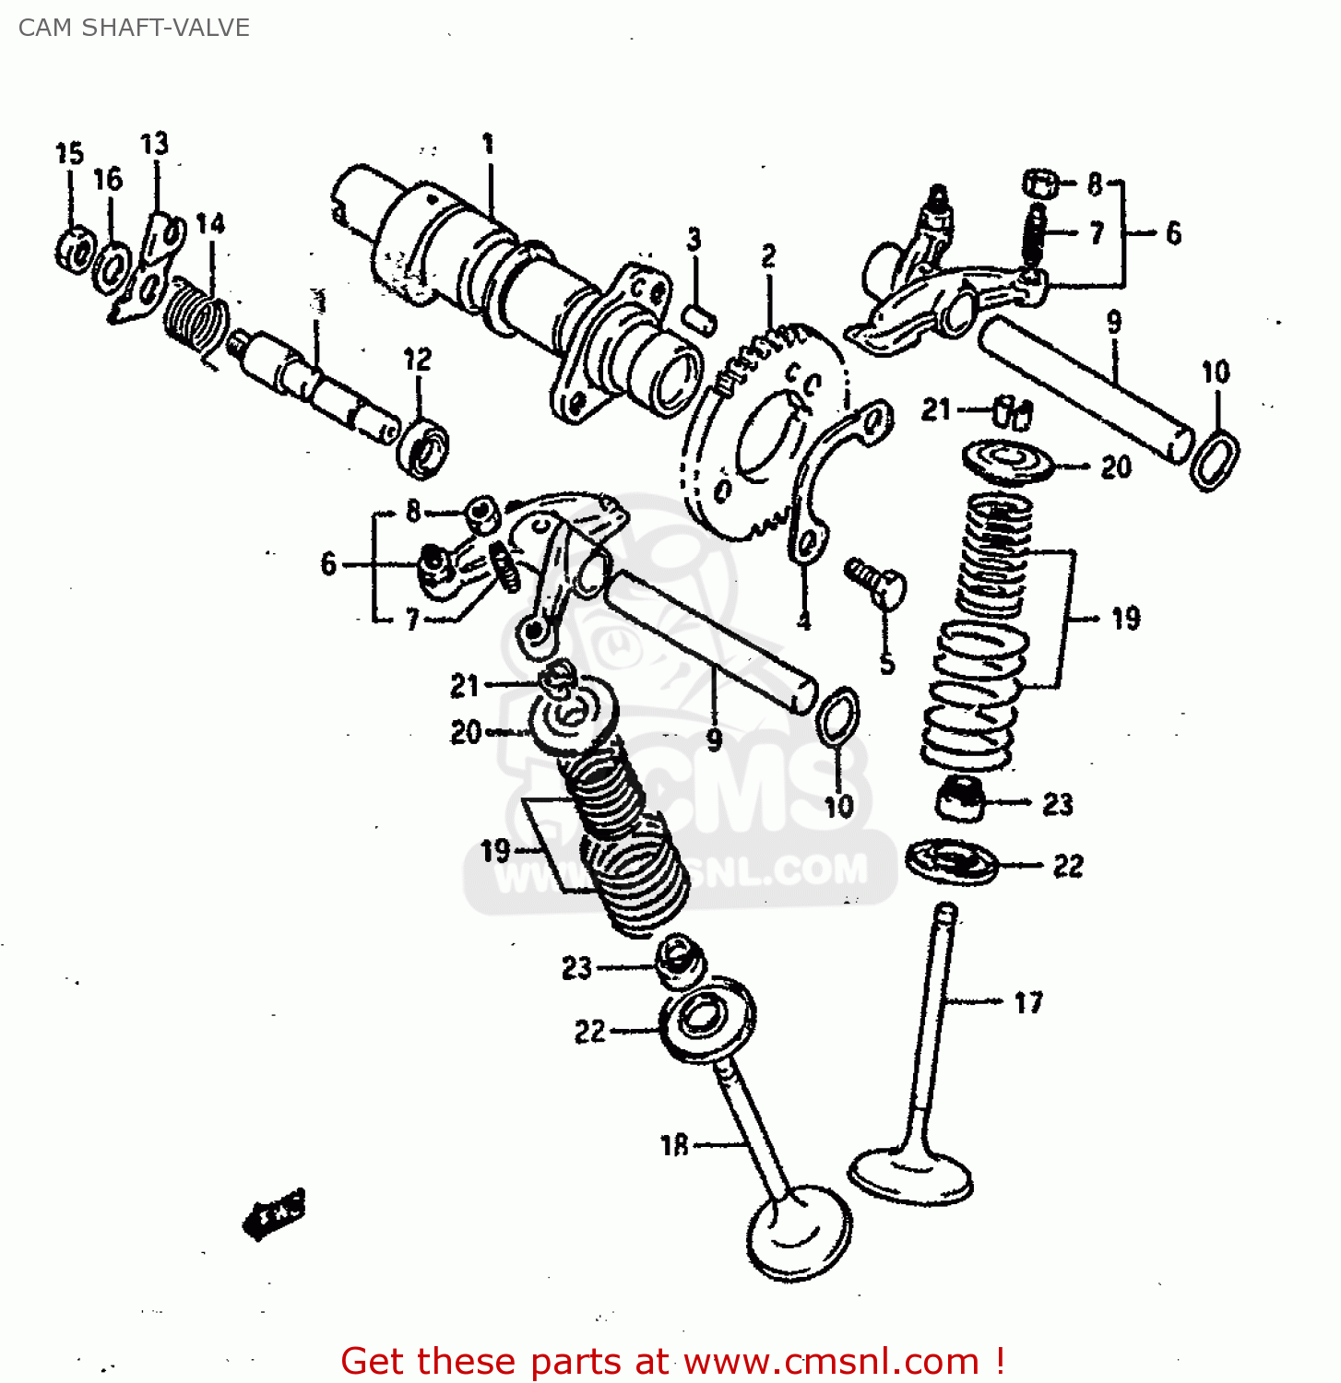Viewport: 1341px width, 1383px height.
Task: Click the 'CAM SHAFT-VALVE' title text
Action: [x=134, y=28]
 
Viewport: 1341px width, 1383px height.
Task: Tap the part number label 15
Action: [x=69, y=153]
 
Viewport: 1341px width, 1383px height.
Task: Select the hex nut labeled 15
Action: [x=73, y=249]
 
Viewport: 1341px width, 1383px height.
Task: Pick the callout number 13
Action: [x=154, y=144]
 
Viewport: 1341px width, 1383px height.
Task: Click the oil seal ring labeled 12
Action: [x=423, y=448]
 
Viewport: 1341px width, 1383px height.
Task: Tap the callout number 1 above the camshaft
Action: [x=488, y=144]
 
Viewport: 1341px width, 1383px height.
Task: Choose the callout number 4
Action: [x=804, y=621]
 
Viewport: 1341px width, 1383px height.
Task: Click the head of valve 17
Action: [x=910, y=1176]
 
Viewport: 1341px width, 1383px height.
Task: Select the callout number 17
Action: [x=1028, y=1002]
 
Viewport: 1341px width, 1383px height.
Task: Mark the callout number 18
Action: [x=674, y=1145]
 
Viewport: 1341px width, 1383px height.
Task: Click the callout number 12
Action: [x=417, y=359]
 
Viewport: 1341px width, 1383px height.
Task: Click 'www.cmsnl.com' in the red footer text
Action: [x=830, y=1361]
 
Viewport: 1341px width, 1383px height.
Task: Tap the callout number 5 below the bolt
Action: [x=886, y=662]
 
